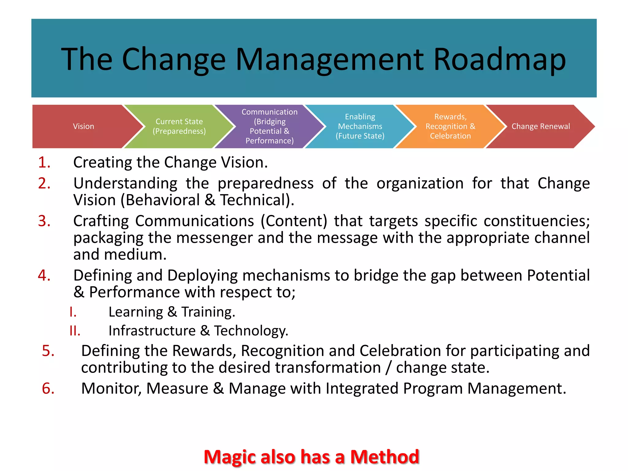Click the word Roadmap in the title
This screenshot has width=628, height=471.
click(499, 59)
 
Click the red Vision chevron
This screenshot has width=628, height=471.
click(83, 126)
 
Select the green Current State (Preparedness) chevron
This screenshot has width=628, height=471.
click(179, 126)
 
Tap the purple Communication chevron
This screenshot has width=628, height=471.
click(269, 126)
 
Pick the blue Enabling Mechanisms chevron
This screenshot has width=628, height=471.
click(360, 126)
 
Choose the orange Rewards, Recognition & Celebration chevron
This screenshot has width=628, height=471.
click(450, 126)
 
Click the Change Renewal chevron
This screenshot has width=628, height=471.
click(540, 126)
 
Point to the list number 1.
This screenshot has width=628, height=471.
click(44, 162)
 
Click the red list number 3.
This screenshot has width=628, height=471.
click(44, 221)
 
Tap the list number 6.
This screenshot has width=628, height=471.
click(48, 389)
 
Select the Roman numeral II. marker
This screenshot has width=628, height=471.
click(75, 331)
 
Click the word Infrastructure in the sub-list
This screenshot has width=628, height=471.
click(152, 331)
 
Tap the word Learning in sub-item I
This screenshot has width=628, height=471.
click(136, 312)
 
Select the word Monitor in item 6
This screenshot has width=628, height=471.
click(111, 389)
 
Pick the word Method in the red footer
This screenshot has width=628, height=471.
click(385, 457)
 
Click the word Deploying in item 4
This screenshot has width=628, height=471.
click(202, 275)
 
